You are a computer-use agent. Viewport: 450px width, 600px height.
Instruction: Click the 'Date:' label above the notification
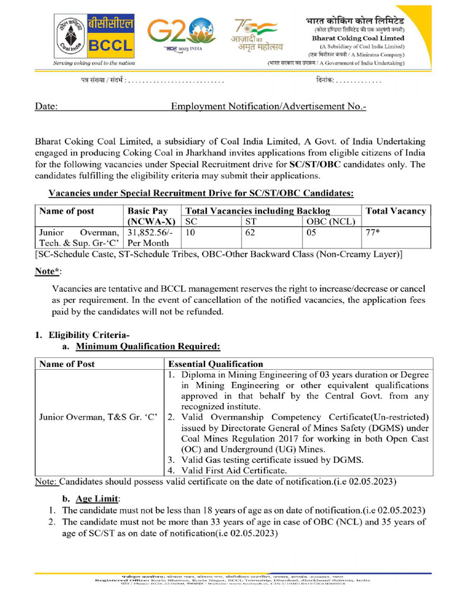(46, 107)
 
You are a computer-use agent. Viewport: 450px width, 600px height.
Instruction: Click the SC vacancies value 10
(190, 232)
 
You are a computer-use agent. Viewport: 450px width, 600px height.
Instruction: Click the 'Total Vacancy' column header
(396, 211)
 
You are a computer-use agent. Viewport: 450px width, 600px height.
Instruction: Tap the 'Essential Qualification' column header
(216, 364)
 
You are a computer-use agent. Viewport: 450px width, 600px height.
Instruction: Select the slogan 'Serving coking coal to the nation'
(94, 62)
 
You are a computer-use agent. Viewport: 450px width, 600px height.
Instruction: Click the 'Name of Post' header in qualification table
(67, 364)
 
